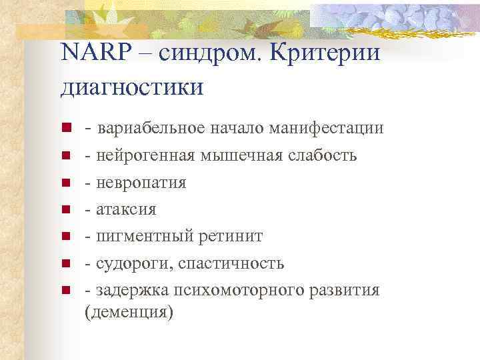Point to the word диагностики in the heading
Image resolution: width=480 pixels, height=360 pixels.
pyautogui.click(x=132, y=86)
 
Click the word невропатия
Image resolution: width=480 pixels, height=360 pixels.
pyautogui.click(x=141, y=182)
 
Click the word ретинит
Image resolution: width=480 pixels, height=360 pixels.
pyautogui.click(x=230, y=236)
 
